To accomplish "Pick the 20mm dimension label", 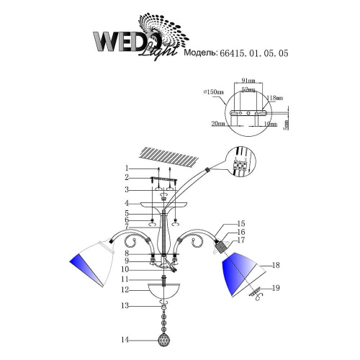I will tap(218, 125).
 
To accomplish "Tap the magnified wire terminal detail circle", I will tap(241, 165).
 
